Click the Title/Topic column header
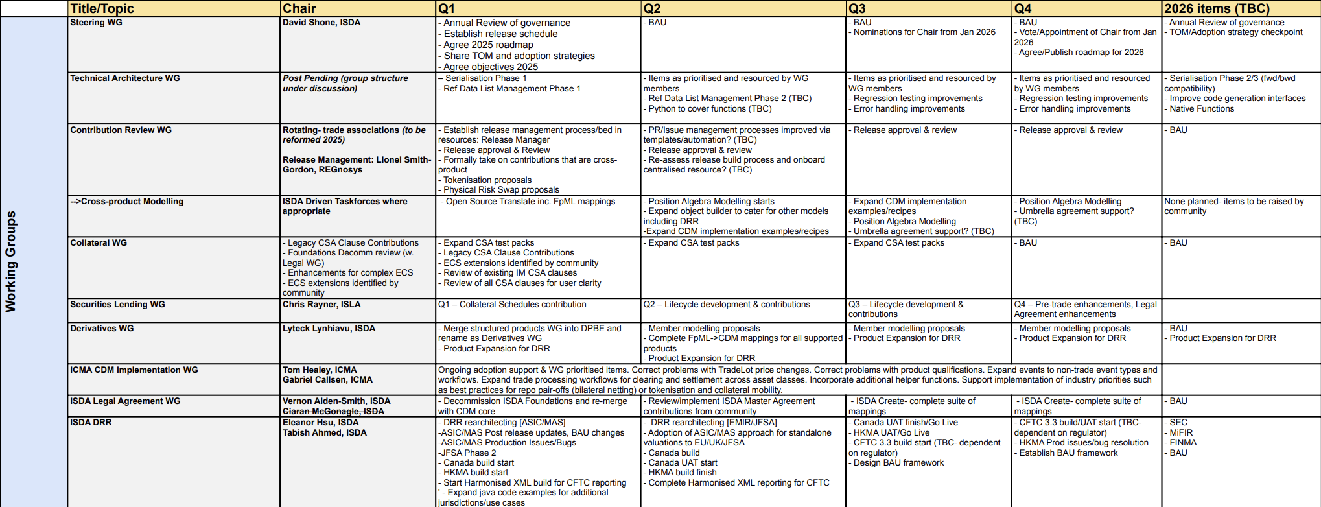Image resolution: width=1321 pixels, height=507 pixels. click(x=102, y=8)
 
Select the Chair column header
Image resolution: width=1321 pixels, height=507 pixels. click(x=299, y=8)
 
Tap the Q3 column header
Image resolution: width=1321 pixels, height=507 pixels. click(x=857, y=8)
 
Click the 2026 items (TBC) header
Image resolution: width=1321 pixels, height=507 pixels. click(x=1217, y=8)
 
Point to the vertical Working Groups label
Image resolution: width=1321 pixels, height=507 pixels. click(x=11, y=261)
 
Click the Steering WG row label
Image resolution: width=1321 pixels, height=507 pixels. click(x=97, y=23)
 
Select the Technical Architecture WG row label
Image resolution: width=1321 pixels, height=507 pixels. click(x=125, y=78)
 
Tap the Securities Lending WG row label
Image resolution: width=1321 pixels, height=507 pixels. click(x=117, y=305)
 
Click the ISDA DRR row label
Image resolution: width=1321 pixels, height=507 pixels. click(x=91, y=423)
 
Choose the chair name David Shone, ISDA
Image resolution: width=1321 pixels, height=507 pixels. click(x=321, y=23)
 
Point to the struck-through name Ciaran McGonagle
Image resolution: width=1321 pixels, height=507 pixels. click(x=333, y=412)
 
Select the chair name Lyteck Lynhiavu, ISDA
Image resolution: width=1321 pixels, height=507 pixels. click(x=329, y=329)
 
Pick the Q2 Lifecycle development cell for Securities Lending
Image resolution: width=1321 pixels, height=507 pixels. click(x=727, y=305)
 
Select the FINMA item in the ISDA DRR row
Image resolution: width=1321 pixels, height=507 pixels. click(x=1183, y=443)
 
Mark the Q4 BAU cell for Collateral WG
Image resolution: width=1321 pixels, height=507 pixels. click(x=1028, y=243)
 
